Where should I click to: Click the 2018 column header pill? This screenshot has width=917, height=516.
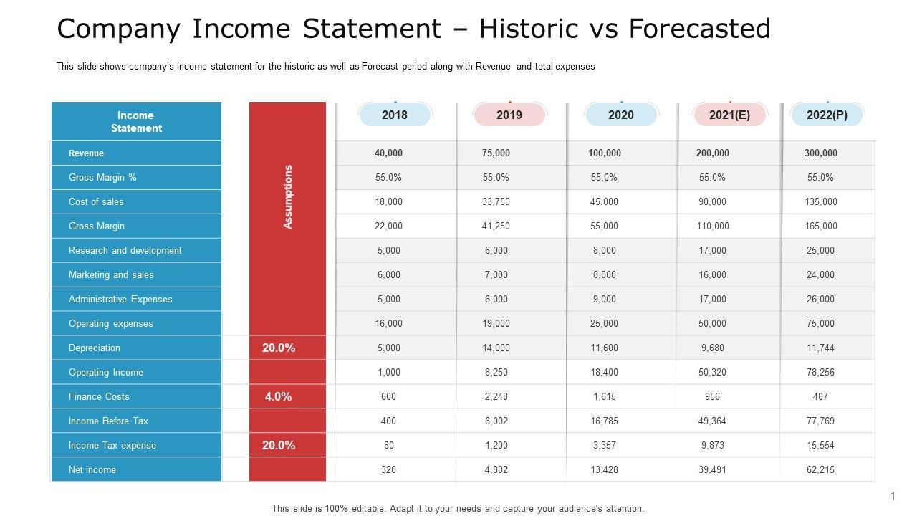(395, 115)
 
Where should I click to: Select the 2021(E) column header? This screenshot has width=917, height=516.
(729, 115)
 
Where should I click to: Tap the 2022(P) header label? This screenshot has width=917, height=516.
(827, 115)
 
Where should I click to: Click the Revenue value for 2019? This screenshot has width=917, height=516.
(496, 153)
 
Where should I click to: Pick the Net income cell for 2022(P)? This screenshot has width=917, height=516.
(820, 469)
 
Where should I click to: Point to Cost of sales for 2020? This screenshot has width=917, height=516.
(604, 201)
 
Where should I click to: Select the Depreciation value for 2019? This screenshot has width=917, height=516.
(496, 348)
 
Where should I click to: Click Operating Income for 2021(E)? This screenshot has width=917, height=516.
(712, 372)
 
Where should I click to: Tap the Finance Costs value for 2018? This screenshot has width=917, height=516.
(388, 396)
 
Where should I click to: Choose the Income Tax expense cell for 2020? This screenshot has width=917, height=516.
(604, 445)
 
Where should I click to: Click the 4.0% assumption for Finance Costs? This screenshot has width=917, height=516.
(278, 396)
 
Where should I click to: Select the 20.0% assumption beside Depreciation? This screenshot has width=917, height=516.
(278, 348)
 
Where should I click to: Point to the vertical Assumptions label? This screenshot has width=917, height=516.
(288, 197)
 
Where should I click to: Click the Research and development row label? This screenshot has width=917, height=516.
(125, 250)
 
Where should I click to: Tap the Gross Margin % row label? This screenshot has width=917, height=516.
(102, 177)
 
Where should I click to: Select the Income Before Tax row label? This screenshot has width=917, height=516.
(108, 421)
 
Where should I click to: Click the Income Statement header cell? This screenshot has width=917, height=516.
(136, 122)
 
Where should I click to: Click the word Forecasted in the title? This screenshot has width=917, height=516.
(699, 29)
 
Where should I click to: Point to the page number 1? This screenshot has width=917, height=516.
(893, 496)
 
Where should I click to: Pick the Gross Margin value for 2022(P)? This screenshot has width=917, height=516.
(820, 226)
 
